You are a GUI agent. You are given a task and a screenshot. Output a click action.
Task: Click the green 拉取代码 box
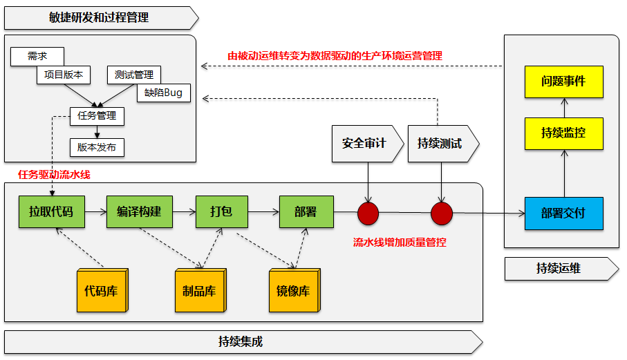pyautogui.click(x=51, y=212)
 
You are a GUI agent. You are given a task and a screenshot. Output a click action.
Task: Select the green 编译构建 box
pyautogui.click(x=139, y=212)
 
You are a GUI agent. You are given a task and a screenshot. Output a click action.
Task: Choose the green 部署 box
pyautogui.click(x=306, y=212)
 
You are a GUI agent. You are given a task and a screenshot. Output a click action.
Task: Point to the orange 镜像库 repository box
pyautogui.click(x=292, y=290)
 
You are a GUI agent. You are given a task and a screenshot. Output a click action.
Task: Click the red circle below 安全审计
pyautogui.click(x=368, y=214)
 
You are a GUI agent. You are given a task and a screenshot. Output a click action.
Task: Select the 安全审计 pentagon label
pyautogui.click(x=364, y=144)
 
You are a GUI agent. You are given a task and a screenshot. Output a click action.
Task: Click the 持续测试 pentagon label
pyautogui.click(x=440, y=144)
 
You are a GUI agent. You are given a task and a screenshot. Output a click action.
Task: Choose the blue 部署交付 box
pyautogui.click(x=563, y=214)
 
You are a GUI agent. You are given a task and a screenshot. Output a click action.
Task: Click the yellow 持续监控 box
pyautogui.click(x=563, y=133)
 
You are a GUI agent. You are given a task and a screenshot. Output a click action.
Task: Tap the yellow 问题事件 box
pyautogui.click(x=563, y=82)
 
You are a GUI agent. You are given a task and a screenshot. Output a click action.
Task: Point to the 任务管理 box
pyautogui.click(x=97, y=116)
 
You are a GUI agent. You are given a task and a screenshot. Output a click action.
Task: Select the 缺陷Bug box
pyautogui.click(x=164, y=93)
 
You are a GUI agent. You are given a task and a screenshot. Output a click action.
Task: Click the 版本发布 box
pyautogui.click(x=97, y=147)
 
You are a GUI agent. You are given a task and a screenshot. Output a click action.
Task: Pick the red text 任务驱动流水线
pyautogui.click(x=54, y=175)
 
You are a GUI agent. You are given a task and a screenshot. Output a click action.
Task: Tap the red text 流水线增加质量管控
pyautogui.click(x=400, y=243)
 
